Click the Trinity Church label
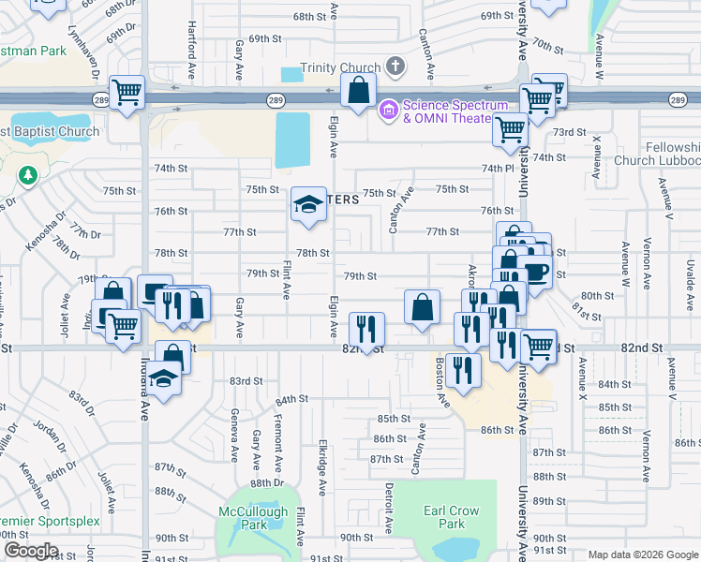[x=340, y=67]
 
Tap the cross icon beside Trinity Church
[x=395, y=67]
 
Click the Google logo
[x=31, y=551]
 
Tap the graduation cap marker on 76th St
[x=306, y=205]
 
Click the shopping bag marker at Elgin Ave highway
[x=358, y=92]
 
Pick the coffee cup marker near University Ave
[x=534, y=272]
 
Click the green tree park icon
[x=28, y=174]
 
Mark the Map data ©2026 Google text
[x=641, y=555]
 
